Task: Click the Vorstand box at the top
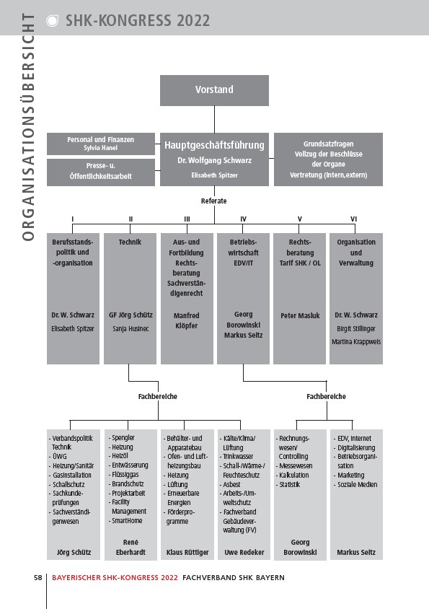214,90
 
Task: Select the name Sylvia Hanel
100,148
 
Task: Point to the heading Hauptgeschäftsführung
214,145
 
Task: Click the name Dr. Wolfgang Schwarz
214,160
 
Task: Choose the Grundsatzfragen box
329,159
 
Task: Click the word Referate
214,201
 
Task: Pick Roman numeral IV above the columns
244,219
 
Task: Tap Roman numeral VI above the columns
354,219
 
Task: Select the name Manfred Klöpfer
186,321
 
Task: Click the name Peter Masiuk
300,316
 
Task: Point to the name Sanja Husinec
131,329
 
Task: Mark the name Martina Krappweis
356,342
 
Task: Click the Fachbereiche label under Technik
158,397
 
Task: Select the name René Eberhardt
131,547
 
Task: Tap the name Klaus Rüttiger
187,552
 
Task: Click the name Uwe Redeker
244,552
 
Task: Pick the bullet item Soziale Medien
355,485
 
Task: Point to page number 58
38,577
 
